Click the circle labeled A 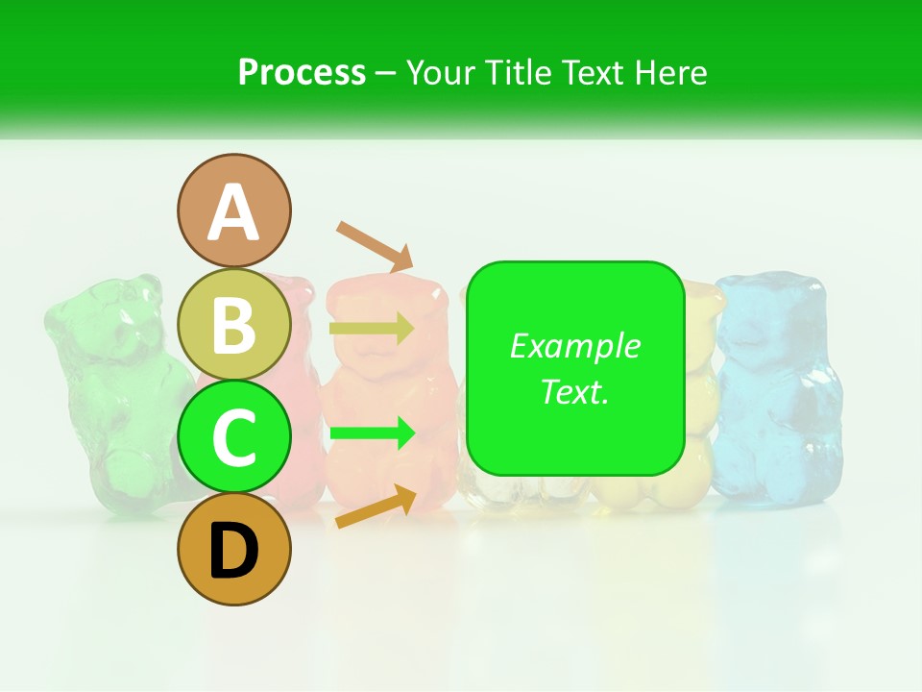pos(233,210)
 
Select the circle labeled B pos(233,324)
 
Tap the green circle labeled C pos(233,436)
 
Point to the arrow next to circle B pos(372,329)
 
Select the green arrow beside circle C pos(372,433)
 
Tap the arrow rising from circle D pos(376,507)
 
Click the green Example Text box pos(575,369)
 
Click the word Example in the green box pos(575,346)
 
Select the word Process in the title pos(302,72)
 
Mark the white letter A pos(233,212)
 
